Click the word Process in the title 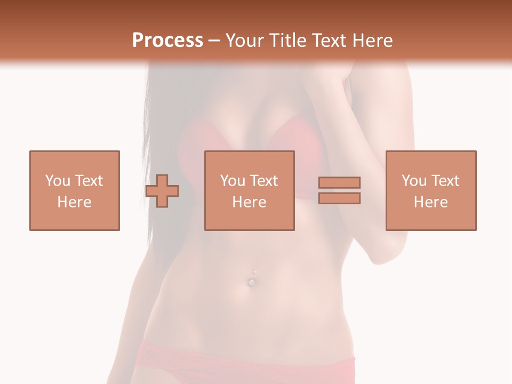(167, 40)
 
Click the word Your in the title (243, 40)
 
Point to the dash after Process (214, 41)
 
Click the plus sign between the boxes (162, 191)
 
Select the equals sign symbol (339, 190)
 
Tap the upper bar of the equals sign (339, 183)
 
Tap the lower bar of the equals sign (339, 198)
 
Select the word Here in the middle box (249, 202)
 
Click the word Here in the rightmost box (430, 202)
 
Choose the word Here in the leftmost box (74, 202)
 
